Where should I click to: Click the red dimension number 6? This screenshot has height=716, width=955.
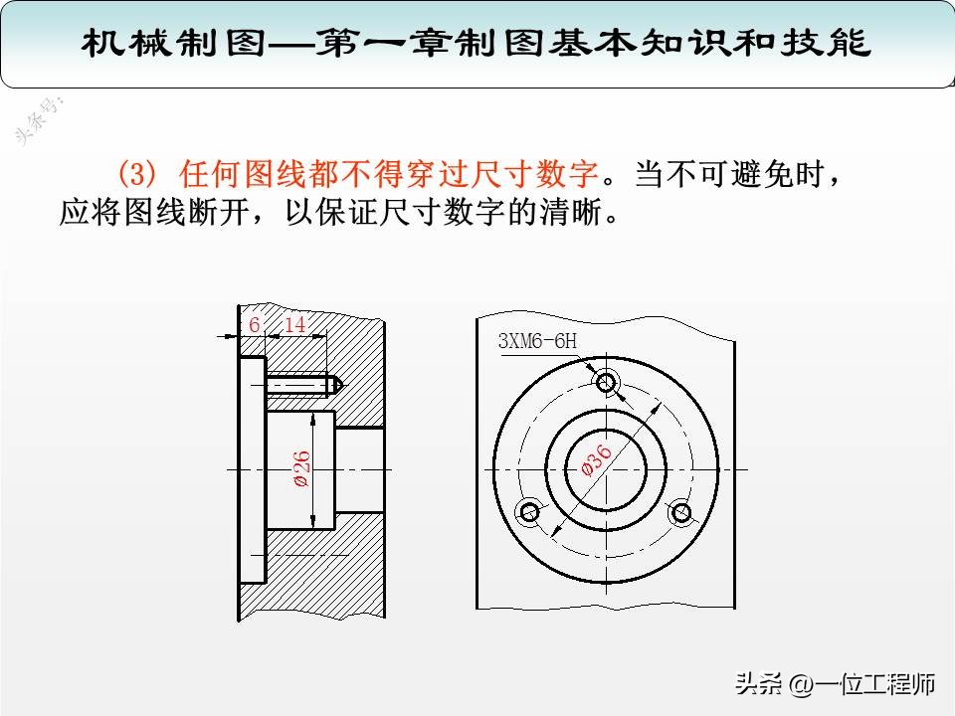[x=254, y=325]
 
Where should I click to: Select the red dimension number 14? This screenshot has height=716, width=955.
[x=295, y=325]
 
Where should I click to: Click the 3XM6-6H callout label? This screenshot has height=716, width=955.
[x=537, y=341]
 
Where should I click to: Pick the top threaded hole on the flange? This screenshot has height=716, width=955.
[x=606, y=381]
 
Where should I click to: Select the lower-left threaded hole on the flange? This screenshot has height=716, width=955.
[x=529, y=512]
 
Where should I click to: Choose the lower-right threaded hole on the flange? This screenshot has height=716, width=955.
[x=681, y=512]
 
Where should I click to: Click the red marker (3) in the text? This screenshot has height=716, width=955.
[x=137, y=176]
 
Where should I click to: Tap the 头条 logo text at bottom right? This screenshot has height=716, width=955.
[x=759, y=684]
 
